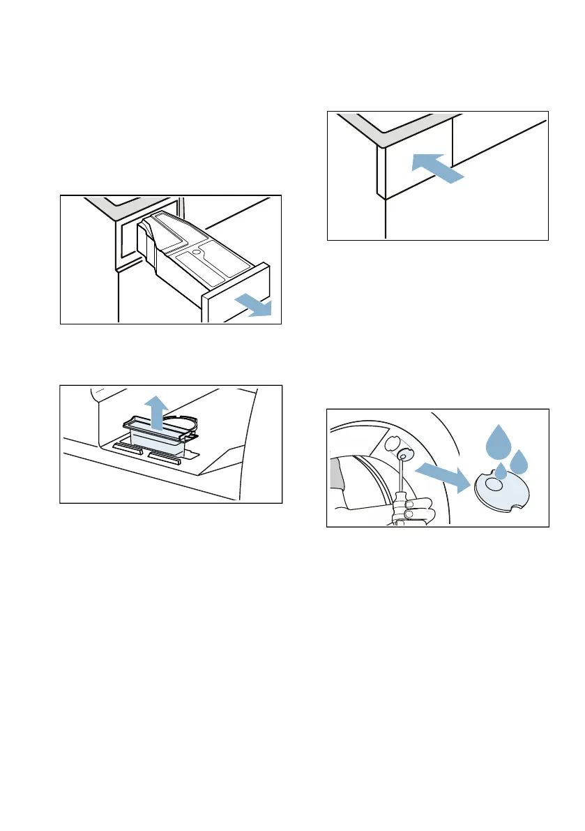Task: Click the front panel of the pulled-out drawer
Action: [236, 294]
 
